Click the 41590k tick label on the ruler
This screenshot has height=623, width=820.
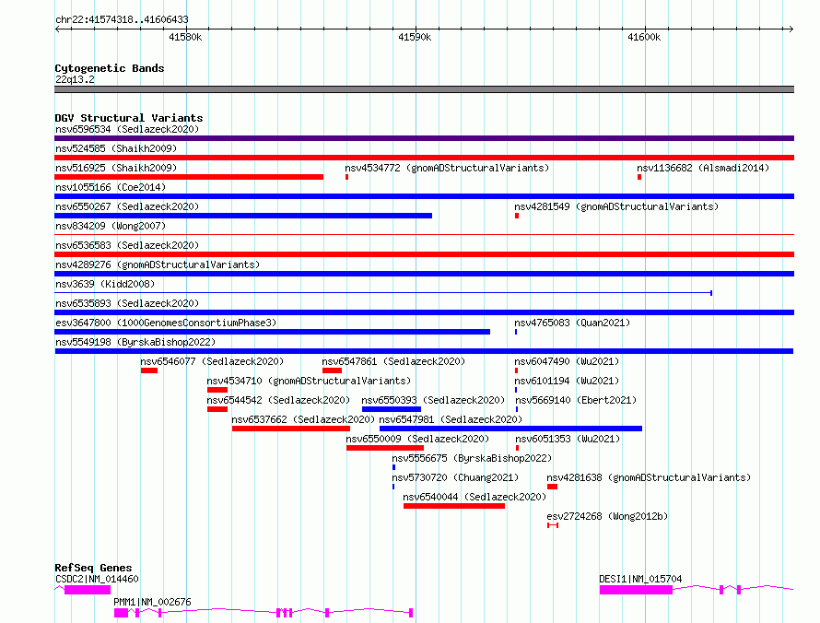[x=415, y=37]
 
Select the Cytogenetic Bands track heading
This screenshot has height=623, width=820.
[x=110, y=68]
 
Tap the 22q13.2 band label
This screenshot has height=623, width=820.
[x=75, y=79]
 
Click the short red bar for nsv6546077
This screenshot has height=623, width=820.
[x=149, y=370]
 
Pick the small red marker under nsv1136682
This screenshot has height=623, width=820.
[x=639, y=177]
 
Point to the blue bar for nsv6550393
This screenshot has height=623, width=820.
[x=392, y=409]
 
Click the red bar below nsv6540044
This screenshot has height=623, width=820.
[x=454, y=506]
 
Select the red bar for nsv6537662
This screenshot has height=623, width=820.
[x=291, y=429]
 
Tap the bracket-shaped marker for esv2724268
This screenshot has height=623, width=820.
[x=553, y=525]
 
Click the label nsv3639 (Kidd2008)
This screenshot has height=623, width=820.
[x=105, y=284]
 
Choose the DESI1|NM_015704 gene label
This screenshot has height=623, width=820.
[x=640, y=579]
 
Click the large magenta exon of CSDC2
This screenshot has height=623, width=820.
[x=88, y=590]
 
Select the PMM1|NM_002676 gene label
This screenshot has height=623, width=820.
[x=152, y=602]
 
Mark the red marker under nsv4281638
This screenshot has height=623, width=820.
[x=552, y=487]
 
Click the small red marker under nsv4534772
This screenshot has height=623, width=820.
[x=346, y=177]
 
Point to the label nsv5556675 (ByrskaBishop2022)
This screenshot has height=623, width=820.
[x=472, y=458]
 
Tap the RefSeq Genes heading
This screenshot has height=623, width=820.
[x=93, y=568]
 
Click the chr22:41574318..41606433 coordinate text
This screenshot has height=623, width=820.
[x=122, y=19]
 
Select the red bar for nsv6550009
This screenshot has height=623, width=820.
[x=385, y=448]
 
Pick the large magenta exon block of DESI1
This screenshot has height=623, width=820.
[x=636, y=590]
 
